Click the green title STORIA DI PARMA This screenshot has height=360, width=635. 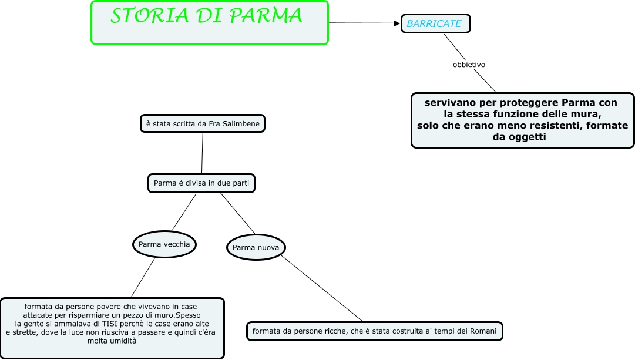tap(207, 17)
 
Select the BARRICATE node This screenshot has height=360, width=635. tap(435, 23)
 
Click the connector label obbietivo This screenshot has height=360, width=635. tap(469, 65)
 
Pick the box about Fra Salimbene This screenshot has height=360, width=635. tap(203, 123)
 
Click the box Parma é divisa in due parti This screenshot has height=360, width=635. tap(201, 183)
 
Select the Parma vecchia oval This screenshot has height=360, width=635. tap(164, 244)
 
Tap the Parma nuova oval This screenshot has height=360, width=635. tap(256, 248)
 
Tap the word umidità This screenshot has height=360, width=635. tap(122, 341)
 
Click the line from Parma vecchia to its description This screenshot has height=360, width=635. tap(143, 277)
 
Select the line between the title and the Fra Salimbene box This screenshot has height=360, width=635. tap(203, 79)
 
